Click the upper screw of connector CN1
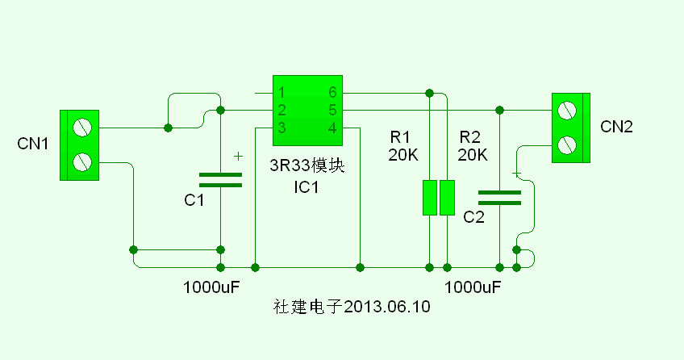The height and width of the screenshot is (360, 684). (81, 128)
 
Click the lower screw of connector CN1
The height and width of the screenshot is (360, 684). (81, 162)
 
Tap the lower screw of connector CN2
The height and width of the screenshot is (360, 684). (568, 144)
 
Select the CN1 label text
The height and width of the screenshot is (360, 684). (33, 144)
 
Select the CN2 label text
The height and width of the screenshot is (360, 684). (617, 127)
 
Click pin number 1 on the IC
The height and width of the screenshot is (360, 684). (281, 93)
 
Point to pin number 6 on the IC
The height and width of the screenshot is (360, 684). (332, 93)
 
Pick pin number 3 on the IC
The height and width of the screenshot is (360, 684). (281, 128)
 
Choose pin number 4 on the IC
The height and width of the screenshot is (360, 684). (332, 128)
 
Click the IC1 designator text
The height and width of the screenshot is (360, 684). (307, 188)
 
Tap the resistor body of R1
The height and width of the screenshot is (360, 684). (430, 198)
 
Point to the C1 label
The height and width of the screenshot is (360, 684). (194, 200)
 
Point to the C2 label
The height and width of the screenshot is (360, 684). (473, 217)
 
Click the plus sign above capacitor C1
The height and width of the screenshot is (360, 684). (237, 156)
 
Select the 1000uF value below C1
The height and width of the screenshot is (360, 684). (212, 287)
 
